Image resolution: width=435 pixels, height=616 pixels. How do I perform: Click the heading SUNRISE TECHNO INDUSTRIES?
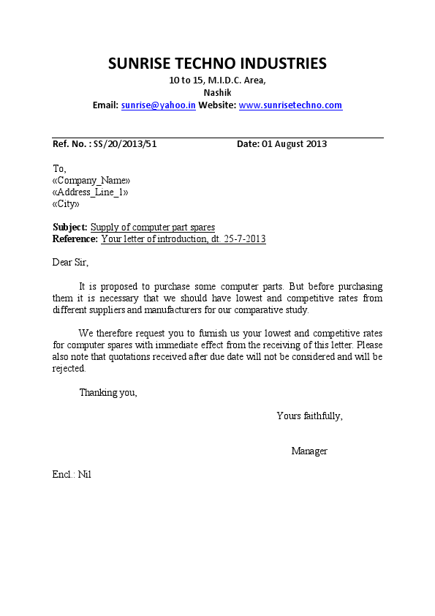pos(217,63)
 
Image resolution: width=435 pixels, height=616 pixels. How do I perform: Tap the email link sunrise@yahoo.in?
pos(158,105)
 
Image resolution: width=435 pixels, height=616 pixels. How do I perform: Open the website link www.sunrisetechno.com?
pos(290,105)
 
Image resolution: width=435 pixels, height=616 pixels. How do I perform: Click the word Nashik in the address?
pos(217,93)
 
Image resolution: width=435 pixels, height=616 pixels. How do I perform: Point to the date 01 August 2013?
pos(294,144)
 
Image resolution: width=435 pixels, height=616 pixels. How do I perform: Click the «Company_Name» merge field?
pos(91,181)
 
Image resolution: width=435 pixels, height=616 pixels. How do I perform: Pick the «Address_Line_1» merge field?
pos(91,192)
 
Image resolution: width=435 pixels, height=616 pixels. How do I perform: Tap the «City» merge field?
pos(67,204)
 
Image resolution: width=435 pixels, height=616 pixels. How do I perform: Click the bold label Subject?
pos(70,228)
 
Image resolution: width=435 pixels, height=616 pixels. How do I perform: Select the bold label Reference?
pos(75,239)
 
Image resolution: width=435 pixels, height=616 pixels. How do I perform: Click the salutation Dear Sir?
pos(70,262)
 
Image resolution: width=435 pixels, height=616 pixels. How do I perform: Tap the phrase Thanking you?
pos(107,393)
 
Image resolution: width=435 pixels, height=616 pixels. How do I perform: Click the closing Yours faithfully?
pos(309,416)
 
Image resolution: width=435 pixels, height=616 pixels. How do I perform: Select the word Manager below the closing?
pos(309,451)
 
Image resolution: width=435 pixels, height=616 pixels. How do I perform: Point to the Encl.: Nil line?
pos(72,475)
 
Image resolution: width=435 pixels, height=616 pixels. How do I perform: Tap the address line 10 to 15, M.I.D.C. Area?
pos(217,80)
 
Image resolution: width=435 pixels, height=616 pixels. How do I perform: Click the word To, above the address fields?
pos(59,169)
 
